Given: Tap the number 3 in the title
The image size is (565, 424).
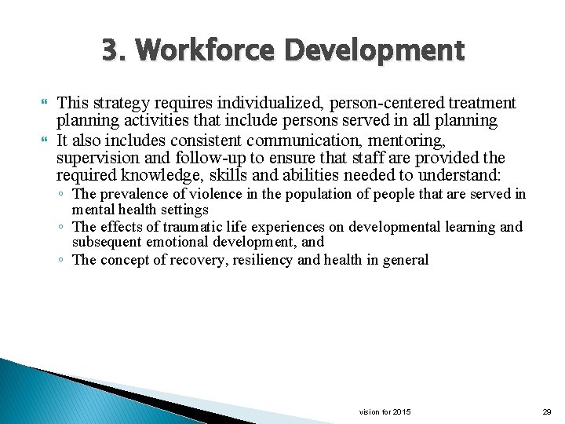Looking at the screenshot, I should tap(110, 51).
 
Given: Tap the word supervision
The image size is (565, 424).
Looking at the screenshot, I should tap(93, 159).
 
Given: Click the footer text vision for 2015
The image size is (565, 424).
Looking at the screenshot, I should tap(385, 412).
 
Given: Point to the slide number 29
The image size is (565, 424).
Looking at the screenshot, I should tap(547, 412).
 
